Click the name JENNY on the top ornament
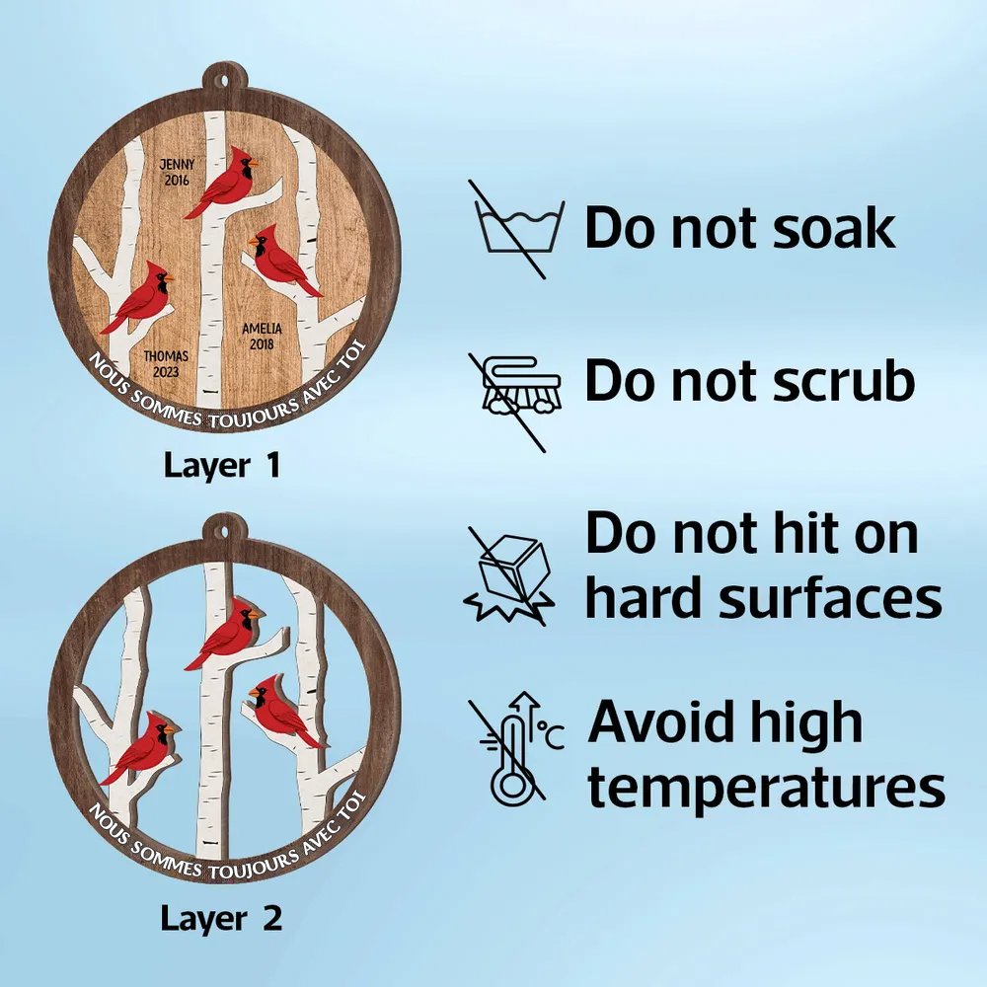point(177,164)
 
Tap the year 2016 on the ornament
point(177,181)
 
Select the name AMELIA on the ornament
point(262,329)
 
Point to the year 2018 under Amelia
point(262,344)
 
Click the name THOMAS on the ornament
point(166,356)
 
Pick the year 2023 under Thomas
point(166,372)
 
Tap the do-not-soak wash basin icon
point(517,229)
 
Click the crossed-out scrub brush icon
point(515,403)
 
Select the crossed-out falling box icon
point(510,576)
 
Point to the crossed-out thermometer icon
point(516,749)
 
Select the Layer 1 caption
point(222,467)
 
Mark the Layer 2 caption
point(221,918)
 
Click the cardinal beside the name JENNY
point(221,183)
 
